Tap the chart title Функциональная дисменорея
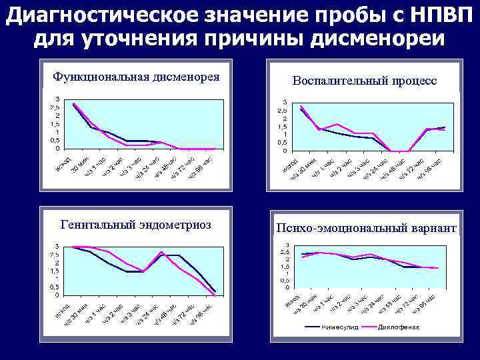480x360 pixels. pos(137,75)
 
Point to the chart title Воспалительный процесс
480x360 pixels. pos(365,80)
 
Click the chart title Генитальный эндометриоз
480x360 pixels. pos(136,225)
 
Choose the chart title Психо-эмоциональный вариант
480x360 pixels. pos(366,228)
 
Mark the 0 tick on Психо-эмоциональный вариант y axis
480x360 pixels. pos(287,287)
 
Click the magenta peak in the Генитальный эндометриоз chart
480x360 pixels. pos(161,252)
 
